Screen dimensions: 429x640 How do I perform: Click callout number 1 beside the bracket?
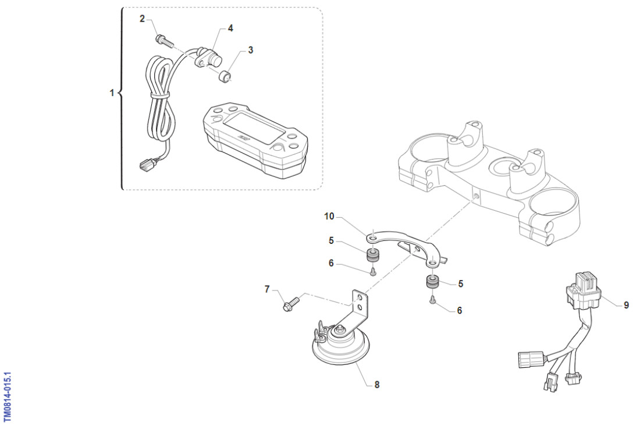[x=112, y=93]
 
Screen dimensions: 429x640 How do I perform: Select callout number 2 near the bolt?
[x=142, y=19]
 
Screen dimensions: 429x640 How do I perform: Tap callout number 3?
[x=250, y=50]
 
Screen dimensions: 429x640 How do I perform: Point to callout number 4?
[x=230, y=28]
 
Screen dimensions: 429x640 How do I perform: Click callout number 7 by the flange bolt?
[x=267, y=289]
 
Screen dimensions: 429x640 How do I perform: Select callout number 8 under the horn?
[x=377, y=385]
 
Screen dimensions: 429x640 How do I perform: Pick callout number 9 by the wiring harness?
[x=626, y=304]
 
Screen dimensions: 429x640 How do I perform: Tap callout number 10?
[x=329, y=217]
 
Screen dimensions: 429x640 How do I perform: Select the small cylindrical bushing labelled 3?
[x=225, y=76]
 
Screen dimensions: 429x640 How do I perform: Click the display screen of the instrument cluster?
[x=253, y=129]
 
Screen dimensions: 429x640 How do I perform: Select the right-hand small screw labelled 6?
[x=433, y=300]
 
